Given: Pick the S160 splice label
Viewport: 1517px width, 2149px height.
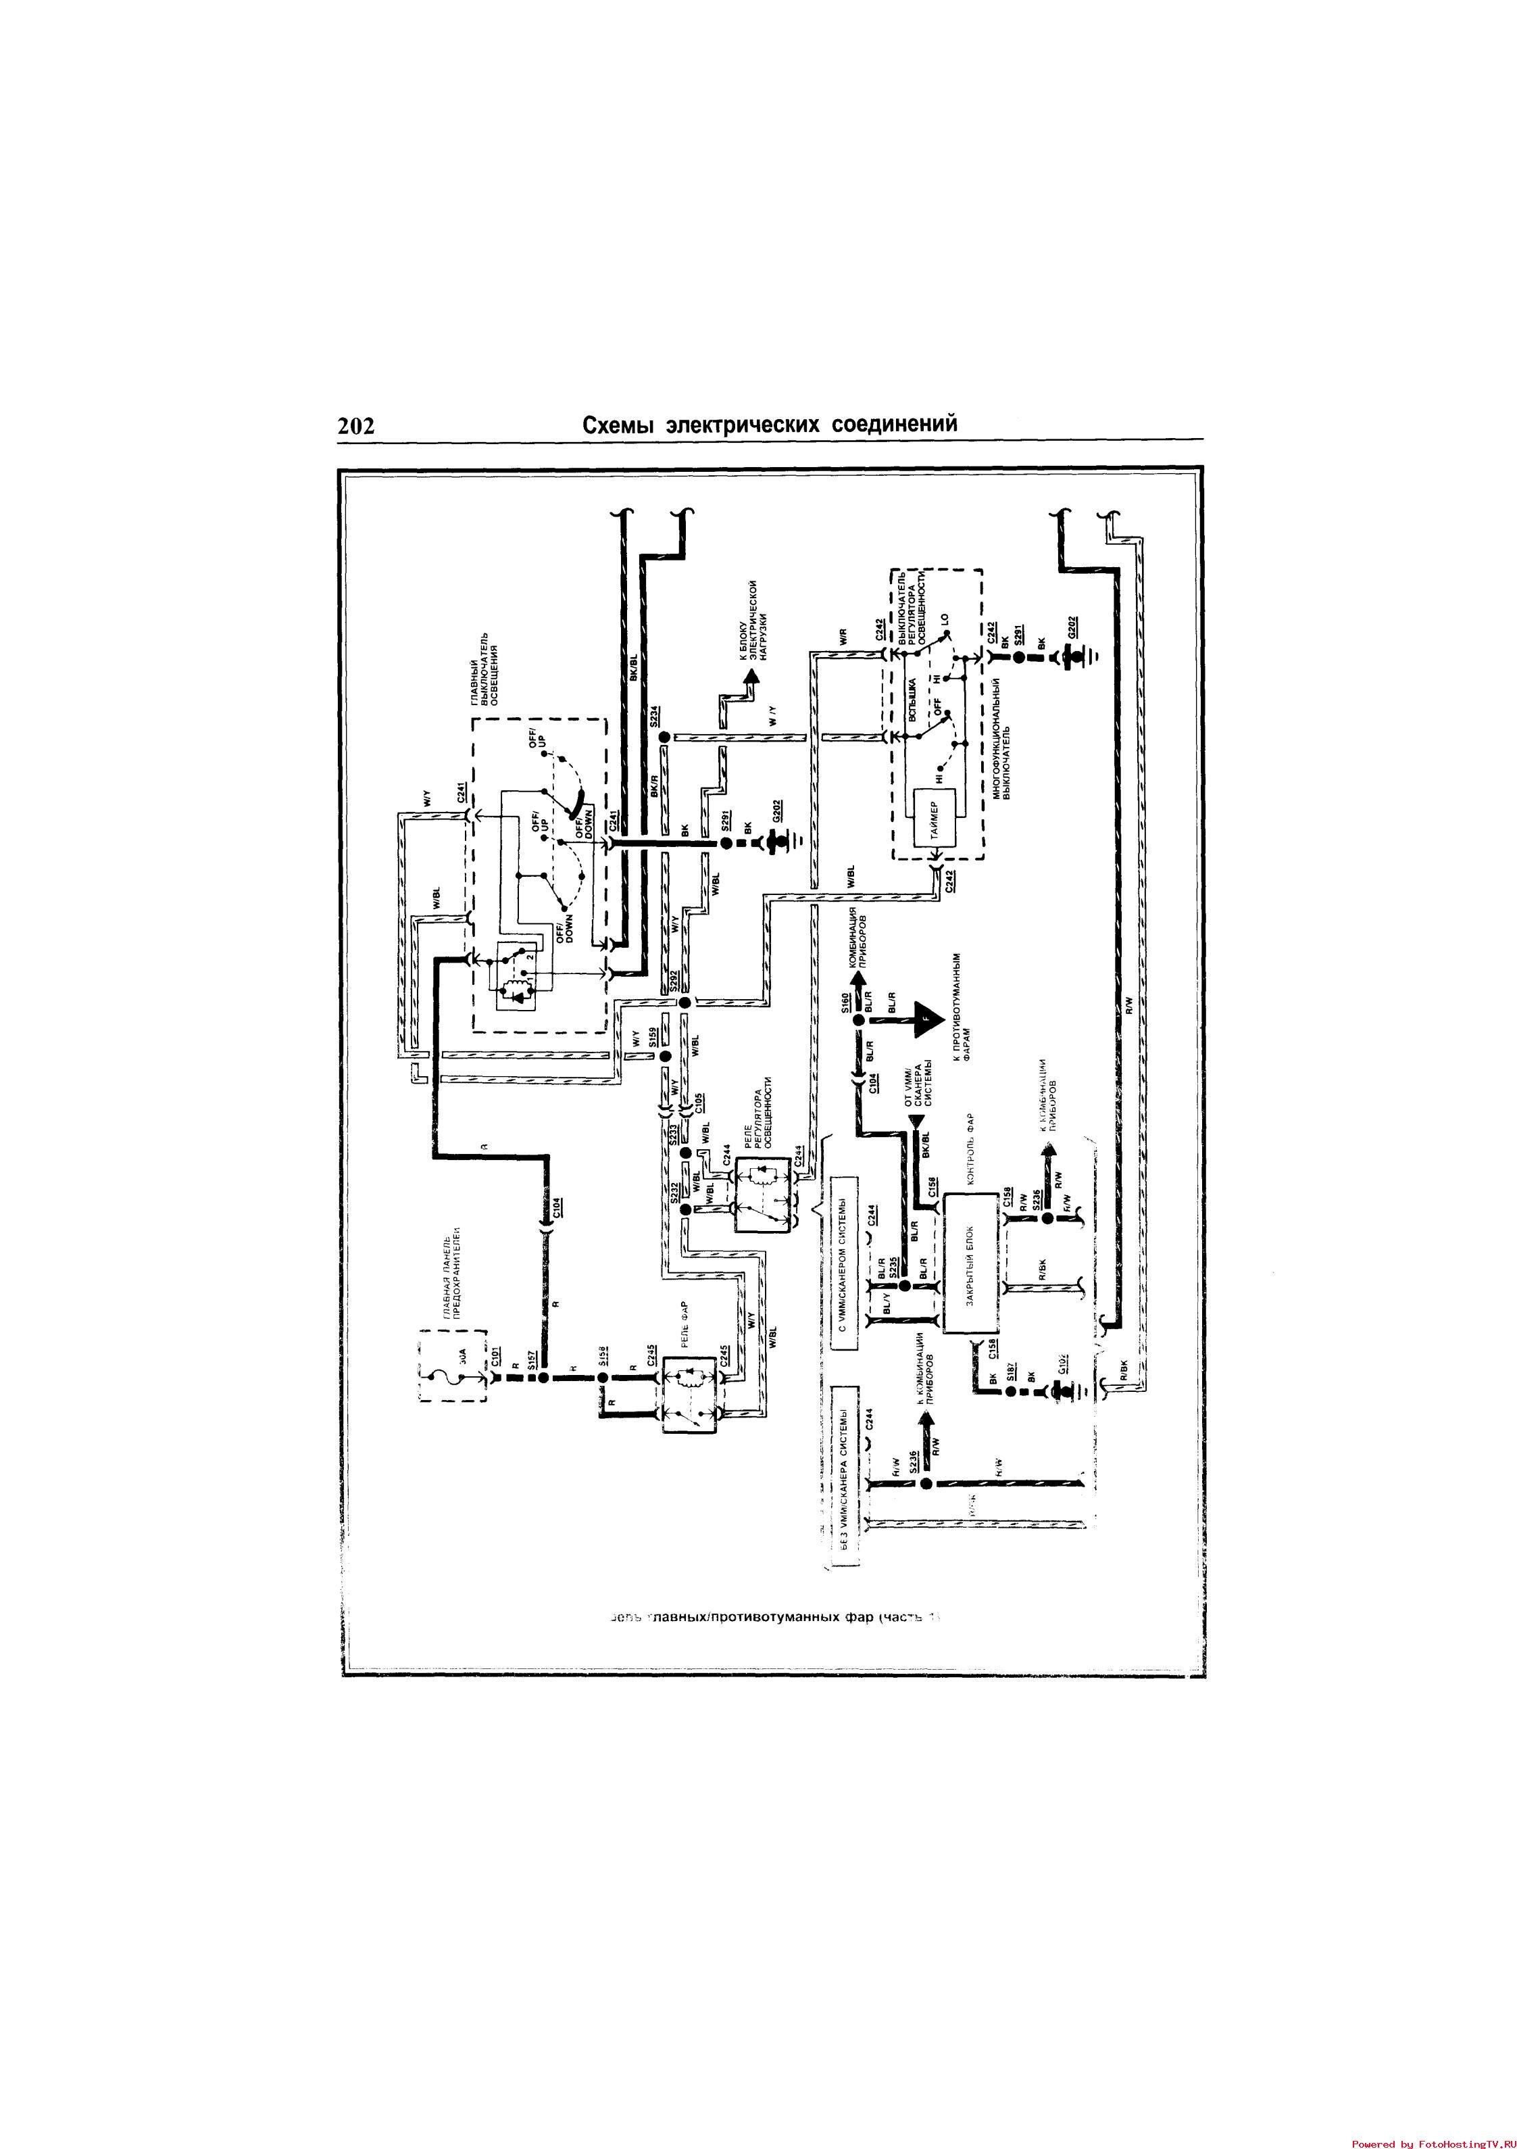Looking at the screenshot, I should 845,1003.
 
